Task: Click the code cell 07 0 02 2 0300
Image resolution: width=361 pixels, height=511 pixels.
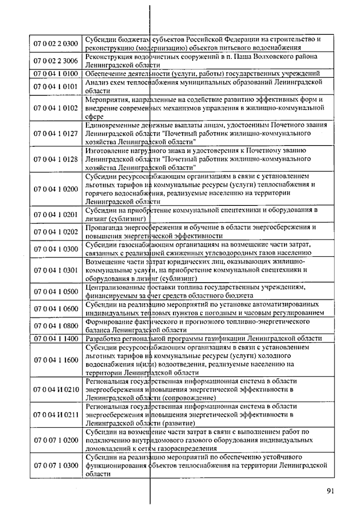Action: pos(56,44)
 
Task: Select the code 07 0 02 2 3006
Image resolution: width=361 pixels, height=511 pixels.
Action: pos(56,61)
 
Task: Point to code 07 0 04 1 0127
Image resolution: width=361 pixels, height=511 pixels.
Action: pos(56,134)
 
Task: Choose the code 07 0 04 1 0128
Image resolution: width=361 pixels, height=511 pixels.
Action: pos(56,159)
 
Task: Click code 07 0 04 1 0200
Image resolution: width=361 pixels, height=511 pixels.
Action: pos(56,189)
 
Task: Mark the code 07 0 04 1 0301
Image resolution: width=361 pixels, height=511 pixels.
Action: pos(56,270)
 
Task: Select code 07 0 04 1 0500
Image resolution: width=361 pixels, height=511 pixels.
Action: pos(56,292)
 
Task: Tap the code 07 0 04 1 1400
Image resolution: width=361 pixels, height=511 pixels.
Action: pos(56,339)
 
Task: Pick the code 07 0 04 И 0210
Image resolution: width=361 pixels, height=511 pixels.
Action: pos(56,390)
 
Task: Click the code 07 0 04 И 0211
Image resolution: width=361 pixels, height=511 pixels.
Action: pos(56,415)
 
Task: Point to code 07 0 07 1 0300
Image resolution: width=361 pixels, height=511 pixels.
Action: pos(56,466)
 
